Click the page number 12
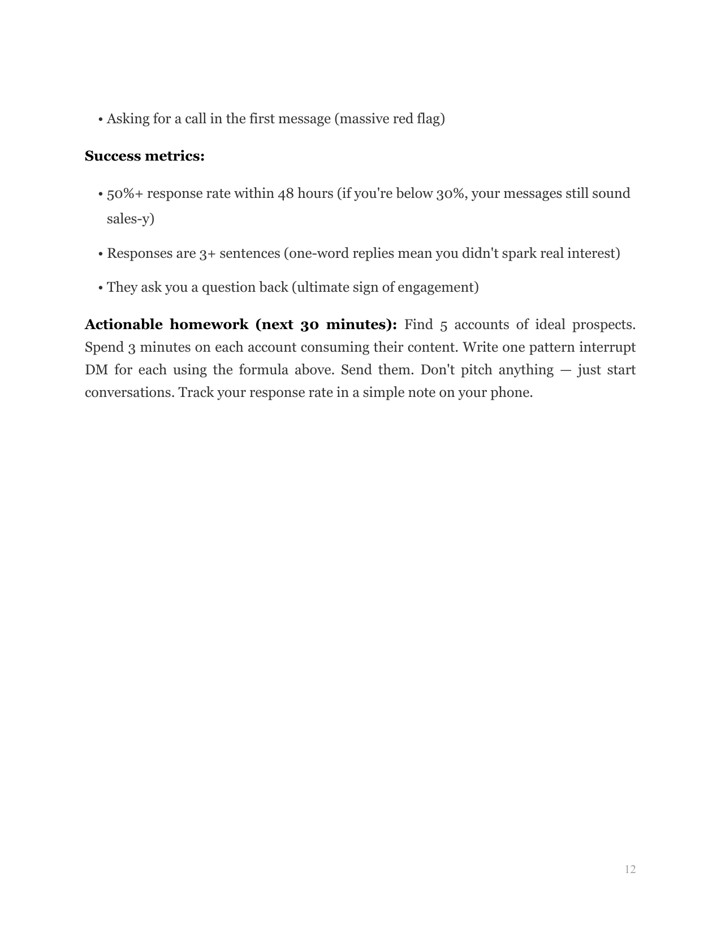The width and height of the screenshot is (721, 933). tap(630, 870)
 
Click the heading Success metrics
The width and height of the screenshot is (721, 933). tap(144, 156)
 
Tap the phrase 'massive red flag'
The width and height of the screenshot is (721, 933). tap(390, 119)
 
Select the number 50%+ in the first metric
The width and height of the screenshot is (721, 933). tap(125, 194)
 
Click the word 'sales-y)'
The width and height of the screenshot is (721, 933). tap(131, 219)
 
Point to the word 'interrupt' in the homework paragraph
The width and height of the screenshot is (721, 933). tap(608, 347)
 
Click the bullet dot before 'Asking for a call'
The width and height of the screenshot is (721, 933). tap(100, 120)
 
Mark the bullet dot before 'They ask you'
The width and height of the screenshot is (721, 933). tap(100, 288)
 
